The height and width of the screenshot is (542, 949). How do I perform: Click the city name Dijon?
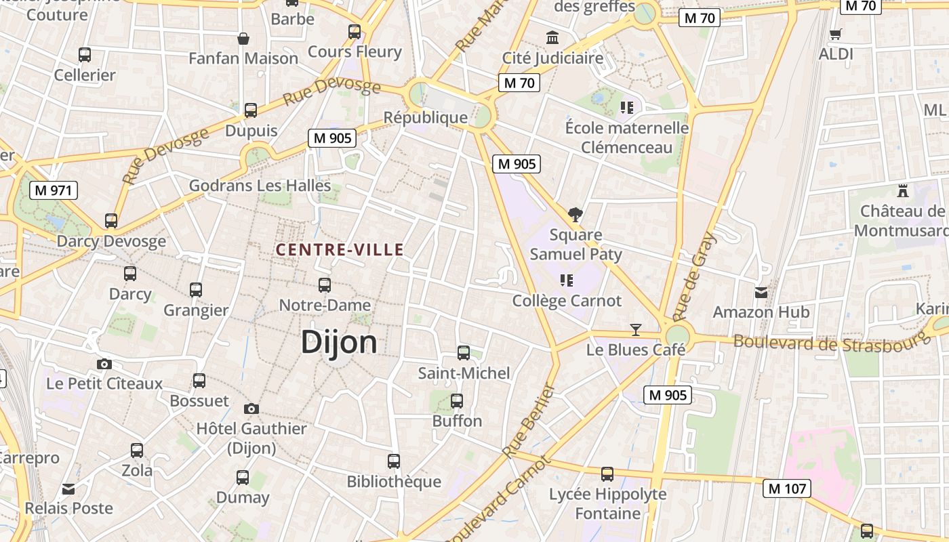339,342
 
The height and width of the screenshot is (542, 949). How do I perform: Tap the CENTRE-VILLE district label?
339,250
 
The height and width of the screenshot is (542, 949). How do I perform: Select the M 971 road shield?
54,190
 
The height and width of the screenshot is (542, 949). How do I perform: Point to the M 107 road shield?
787,488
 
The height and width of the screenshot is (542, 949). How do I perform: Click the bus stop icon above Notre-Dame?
325,285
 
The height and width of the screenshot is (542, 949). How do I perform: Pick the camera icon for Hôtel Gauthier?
251,409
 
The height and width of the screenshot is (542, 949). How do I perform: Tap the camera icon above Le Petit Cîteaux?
104,364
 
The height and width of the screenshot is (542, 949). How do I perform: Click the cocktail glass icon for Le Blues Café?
635,330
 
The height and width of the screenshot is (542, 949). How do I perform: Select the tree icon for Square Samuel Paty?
576,215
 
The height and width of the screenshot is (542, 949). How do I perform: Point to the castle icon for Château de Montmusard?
902,190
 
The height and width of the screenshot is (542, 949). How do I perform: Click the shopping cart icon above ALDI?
836,34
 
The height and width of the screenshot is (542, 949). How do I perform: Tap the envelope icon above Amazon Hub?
761,293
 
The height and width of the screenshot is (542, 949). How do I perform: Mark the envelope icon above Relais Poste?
68,488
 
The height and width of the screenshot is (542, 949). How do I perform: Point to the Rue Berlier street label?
529,421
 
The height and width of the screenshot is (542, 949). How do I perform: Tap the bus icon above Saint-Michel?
464,353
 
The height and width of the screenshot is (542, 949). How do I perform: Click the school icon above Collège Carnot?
567,280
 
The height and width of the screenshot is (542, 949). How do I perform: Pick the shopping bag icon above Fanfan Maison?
243,39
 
